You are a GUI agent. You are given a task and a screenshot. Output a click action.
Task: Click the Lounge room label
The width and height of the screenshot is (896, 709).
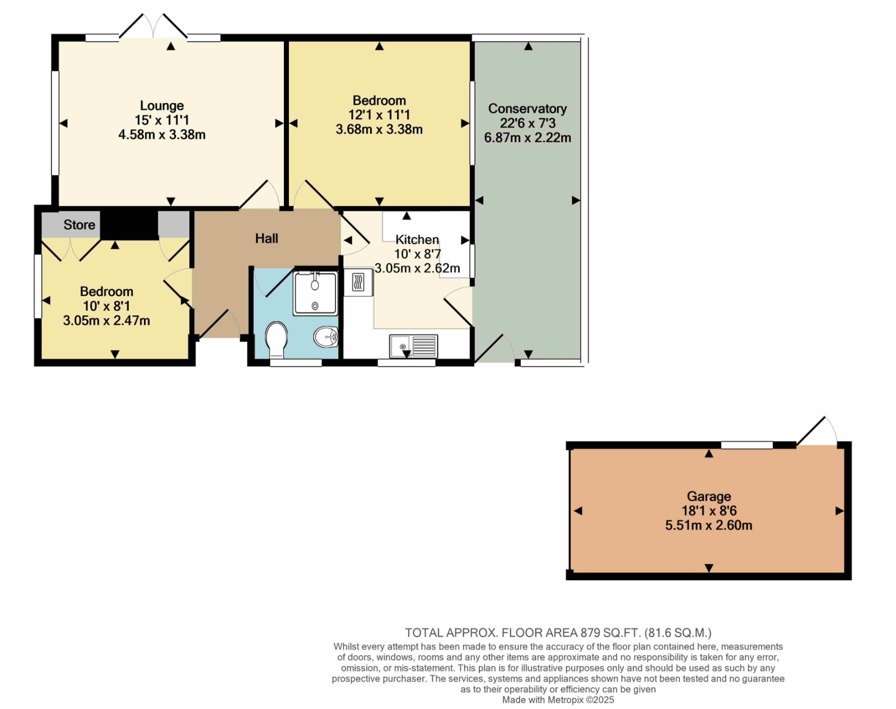coord(161,106)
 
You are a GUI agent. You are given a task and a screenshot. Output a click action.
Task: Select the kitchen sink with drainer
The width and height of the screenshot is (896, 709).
coord(413,347)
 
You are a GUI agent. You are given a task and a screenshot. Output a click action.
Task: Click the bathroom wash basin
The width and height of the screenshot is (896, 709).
coord(325,337)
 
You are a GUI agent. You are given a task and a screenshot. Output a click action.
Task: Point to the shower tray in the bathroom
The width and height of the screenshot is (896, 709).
coord(315,293)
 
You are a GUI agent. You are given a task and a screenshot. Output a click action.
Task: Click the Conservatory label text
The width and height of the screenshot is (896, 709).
coord(527,109)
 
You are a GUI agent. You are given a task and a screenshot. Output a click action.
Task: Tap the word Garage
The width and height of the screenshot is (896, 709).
coord(708,496)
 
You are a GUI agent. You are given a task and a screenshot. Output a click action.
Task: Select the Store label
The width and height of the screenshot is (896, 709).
coord(79,225)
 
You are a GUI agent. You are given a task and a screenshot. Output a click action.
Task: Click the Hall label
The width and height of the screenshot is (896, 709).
coord(267,238)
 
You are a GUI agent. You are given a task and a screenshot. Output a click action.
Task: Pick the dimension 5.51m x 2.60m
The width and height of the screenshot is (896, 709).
coord(708,525)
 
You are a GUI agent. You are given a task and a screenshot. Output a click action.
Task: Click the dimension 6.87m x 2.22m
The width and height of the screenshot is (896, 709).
coord(527,137)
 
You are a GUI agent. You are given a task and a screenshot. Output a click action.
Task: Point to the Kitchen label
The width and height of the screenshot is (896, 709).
coord(417,239)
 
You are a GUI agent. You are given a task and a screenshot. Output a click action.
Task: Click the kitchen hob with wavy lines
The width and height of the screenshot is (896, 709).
coord(358,282)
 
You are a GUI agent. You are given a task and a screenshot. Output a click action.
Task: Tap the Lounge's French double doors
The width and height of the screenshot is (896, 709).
coord(153,26)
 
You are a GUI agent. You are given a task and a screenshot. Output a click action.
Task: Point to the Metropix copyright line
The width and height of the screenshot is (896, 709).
coord(558,700)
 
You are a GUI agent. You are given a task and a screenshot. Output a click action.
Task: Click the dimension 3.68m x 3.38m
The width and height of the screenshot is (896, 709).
coord(379,129)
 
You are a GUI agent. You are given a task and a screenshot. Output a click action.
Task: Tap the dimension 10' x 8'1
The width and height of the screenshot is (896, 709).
coord(106,306)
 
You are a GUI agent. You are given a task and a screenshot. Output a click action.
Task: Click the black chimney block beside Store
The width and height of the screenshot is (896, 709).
coord(129,225)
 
